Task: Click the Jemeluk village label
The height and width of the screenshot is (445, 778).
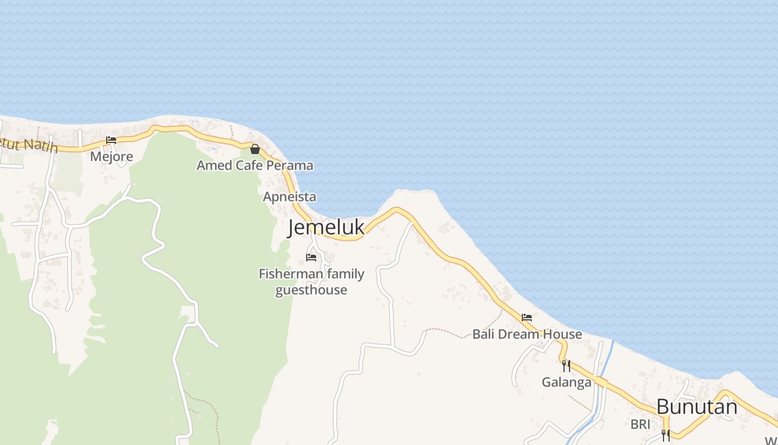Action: pyautogui.click(x=326, y=228)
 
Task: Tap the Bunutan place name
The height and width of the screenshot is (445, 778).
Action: pyautogui.click(x=697, y=407)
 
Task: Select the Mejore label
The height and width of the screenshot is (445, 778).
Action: pyautogui.click(x=112, y=156)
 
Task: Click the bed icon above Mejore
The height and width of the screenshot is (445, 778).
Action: pyautogui.click(x=111, y=140)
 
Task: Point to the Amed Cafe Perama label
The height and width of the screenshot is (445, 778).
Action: pyautogui.click(x=255, y=165)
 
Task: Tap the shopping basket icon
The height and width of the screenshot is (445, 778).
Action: pyautogui.click(x=255, y=149)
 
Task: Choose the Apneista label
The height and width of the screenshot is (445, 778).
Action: pyautogui.click(x=290, y=196)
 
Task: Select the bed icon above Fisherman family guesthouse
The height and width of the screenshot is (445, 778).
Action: pyautogui.click(x=311, y=258)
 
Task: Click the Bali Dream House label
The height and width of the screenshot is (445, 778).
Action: pyautogui.click(x=527, y=334)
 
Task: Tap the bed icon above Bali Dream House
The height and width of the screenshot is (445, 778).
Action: pyautogui.click(x=527, y=318)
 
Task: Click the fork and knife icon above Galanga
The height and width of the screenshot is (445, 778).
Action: pyautogui.click(x=566, y=365)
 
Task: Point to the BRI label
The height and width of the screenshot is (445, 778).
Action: pyautogui.click(x=640, y=424)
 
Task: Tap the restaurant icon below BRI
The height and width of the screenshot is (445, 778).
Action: pyautogui.click(x=665, y=435)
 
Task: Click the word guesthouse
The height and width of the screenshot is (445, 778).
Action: pyautogui.click(x=311, y=290)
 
